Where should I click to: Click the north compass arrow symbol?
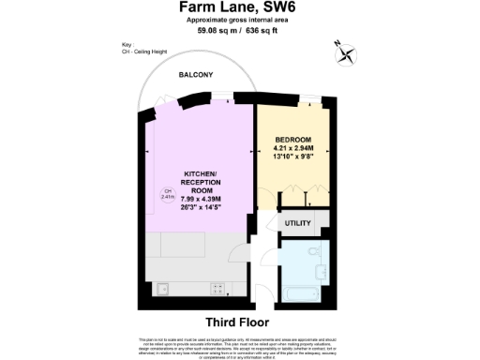click(x=346, y=52)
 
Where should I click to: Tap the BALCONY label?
click(x=197, y=74)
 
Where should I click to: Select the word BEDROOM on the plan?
click(x=292, y=139)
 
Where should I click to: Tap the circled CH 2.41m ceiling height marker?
click(x=167, y=195)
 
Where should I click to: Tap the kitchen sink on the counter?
click(x=161, y=288)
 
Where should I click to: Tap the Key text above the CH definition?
click(x=127, y=44)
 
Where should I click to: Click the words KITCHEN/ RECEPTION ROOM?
click(x=199, y=180)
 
